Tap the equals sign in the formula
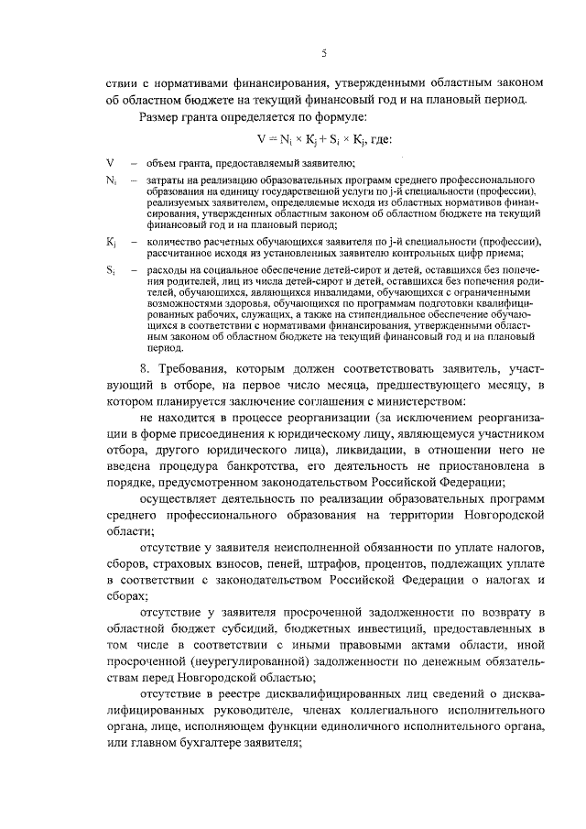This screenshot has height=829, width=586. point(270,139)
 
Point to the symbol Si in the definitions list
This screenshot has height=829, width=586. point(110,270)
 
